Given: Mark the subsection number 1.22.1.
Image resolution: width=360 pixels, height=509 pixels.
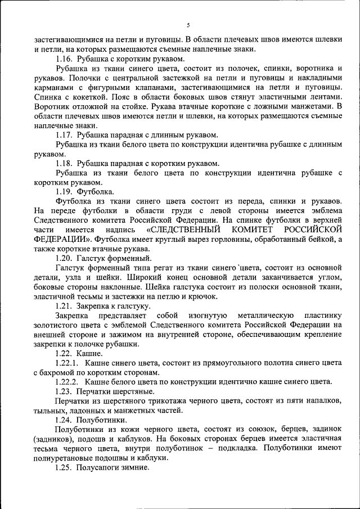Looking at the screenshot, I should (x=70, y=363).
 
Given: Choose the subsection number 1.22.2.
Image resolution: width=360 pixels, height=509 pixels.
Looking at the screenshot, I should (x=70, y=381).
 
